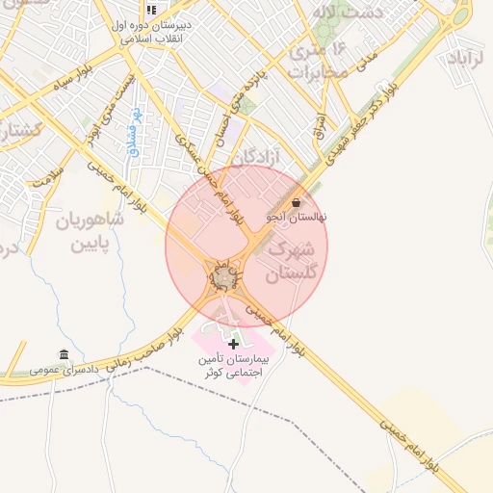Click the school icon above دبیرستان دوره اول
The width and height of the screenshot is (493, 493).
[x=152, y=10]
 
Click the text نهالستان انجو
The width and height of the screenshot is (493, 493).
[x=296, y=218]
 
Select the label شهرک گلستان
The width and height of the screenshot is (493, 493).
[x=290, y=261]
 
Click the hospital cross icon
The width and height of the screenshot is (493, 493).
[x=233, y=343]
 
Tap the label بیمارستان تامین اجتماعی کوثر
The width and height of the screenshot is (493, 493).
[x=231, y=365]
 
